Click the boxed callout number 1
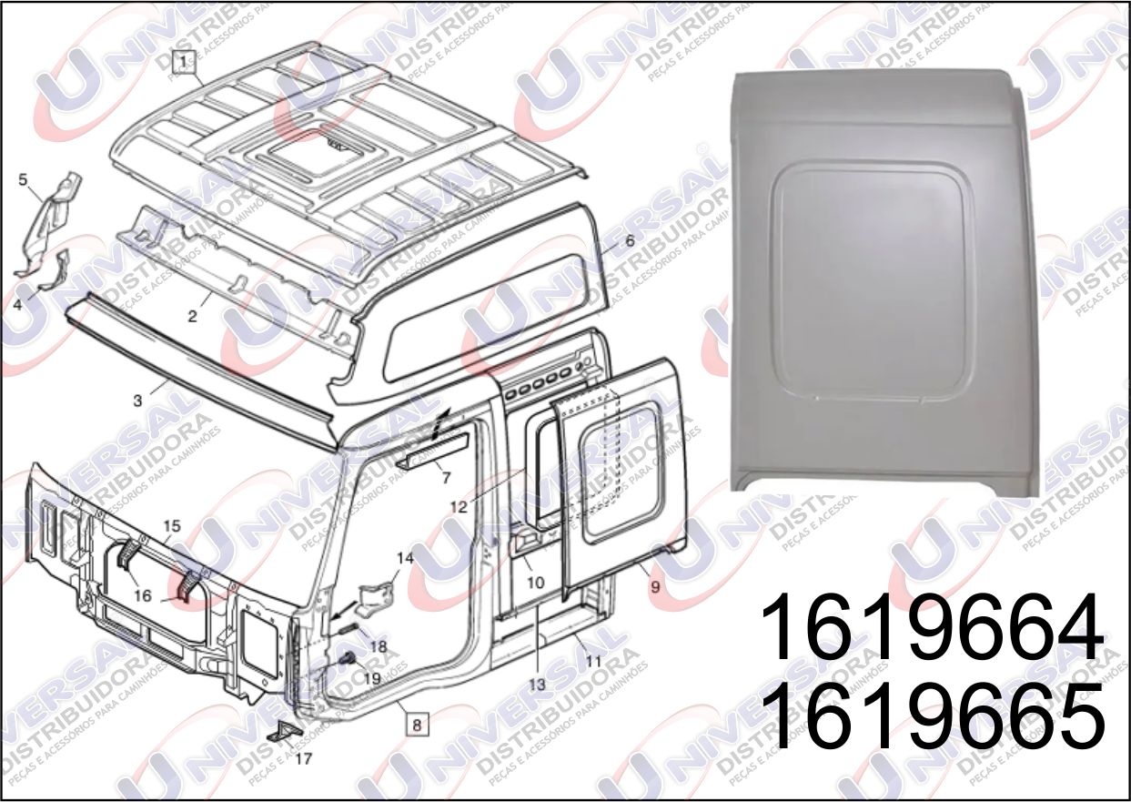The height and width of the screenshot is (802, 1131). (x=185, y=62)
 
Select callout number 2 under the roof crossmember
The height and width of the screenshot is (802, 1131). (x=192, y=317)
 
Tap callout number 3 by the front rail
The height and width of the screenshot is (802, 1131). (x=136, y=401)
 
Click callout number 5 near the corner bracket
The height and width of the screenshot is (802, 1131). (x=24, y=179)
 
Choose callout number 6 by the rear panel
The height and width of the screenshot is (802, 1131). (x=629, y=241)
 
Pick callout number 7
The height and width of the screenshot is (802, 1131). (x=446, y=476)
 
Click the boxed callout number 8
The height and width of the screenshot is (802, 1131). (x=416, y=725)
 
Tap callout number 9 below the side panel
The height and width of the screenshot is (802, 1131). (x=655, y=588)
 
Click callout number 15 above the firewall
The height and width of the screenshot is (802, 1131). (x=171, y=526)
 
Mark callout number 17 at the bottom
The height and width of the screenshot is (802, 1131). (x=304, y=757)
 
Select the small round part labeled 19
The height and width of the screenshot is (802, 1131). (x=347, y=659)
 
